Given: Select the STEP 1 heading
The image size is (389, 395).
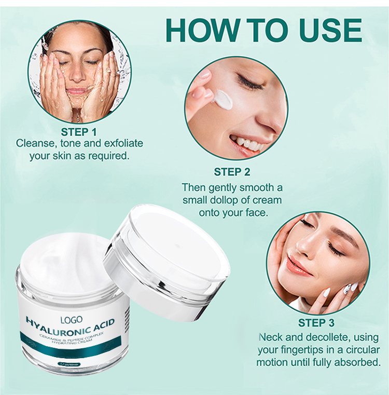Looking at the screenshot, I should (79, 131).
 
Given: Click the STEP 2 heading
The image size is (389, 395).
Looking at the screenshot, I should (232, 172).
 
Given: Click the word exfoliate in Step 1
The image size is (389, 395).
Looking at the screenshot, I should (119, 143).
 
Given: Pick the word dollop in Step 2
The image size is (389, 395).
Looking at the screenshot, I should (229, 200).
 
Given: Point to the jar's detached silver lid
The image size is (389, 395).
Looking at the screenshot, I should (169, 260).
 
